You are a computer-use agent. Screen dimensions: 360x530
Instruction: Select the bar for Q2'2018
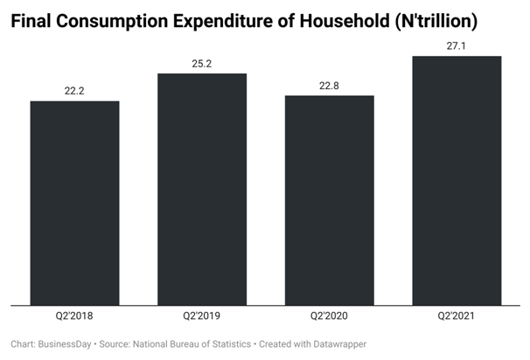pos(74,203)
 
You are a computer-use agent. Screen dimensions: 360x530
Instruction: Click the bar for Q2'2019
pos(202,189)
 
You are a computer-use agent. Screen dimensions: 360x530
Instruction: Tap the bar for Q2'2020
pos(329,200)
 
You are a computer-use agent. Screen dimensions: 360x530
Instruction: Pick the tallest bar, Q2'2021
pos(457,181)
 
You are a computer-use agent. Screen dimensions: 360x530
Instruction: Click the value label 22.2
pos(74,91)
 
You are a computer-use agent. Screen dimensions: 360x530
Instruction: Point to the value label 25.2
pos(202,63)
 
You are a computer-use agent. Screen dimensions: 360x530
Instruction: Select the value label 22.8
pos(329,85)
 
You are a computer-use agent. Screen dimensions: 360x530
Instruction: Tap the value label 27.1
pos(457,45)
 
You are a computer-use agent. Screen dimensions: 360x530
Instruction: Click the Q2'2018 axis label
pos(74,316)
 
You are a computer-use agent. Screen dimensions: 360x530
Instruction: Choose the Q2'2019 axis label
pos(202,316)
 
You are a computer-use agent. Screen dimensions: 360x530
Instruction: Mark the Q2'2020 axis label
pos(329,316)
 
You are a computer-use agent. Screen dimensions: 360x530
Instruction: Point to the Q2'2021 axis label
pos(457,316)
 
